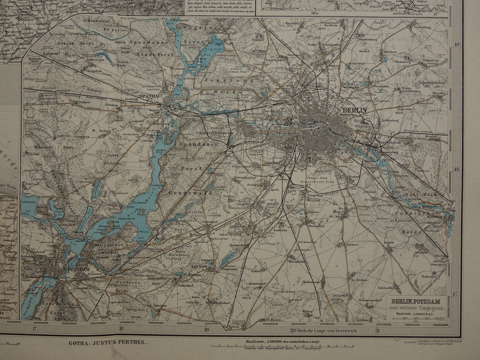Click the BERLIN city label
[x=355, y=111]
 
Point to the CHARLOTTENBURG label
[x=214, y=133]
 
